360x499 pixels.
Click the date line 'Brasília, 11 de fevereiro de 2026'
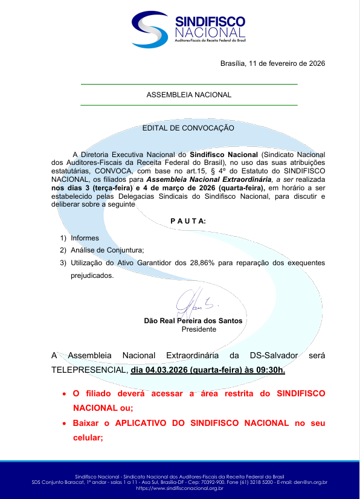[272, 63]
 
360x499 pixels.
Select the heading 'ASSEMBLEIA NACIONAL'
[188, 95]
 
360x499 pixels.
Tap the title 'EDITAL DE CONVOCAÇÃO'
[188, 128]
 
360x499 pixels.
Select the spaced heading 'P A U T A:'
[188, 221]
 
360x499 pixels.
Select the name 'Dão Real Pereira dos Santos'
[193, 321]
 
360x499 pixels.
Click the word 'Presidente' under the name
[199, 329]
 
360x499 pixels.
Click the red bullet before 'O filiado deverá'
[65, 394]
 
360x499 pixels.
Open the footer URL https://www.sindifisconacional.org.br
[179, 488]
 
